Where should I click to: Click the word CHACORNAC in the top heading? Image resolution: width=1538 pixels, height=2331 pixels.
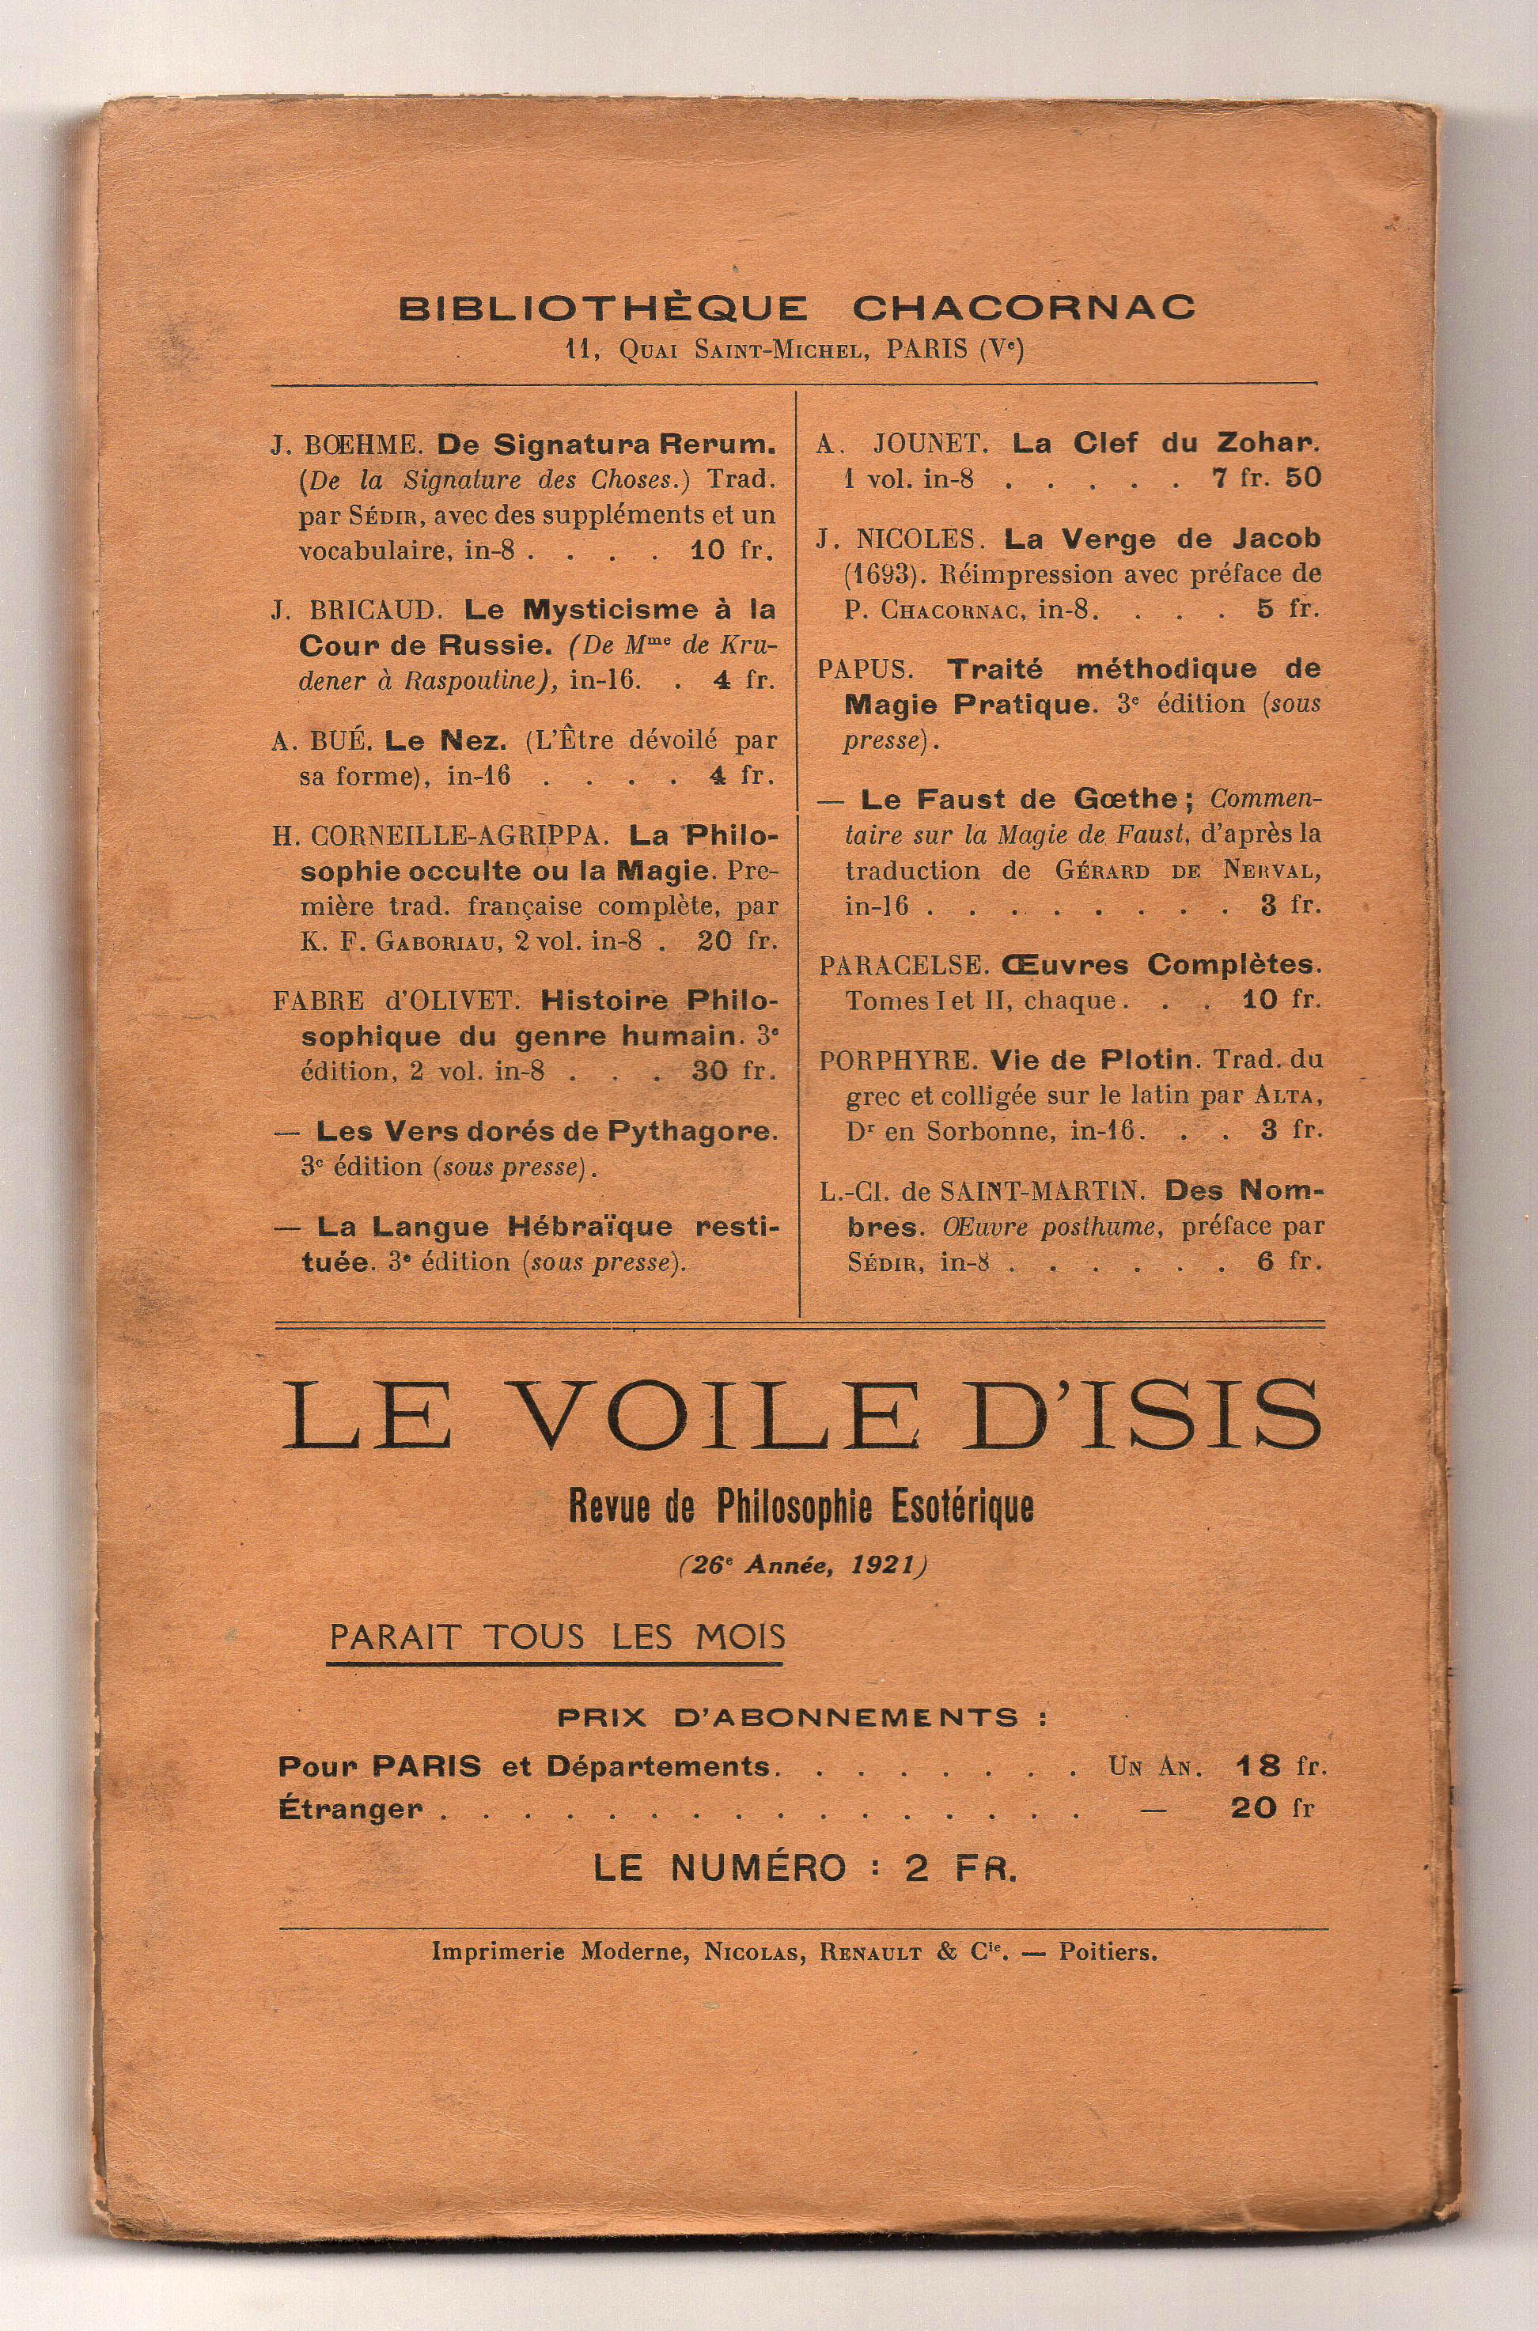pyautogui.click(x=1023, y=307)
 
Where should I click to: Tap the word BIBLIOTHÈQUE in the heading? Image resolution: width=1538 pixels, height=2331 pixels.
pyautogui.click(x=602, y=308)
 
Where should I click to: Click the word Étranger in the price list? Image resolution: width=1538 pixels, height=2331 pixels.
pyautogui.click(x=350, y=1808)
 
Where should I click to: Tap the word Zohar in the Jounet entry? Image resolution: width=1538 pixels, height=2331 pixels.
pyautogui.click(x=1268, y=443)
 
